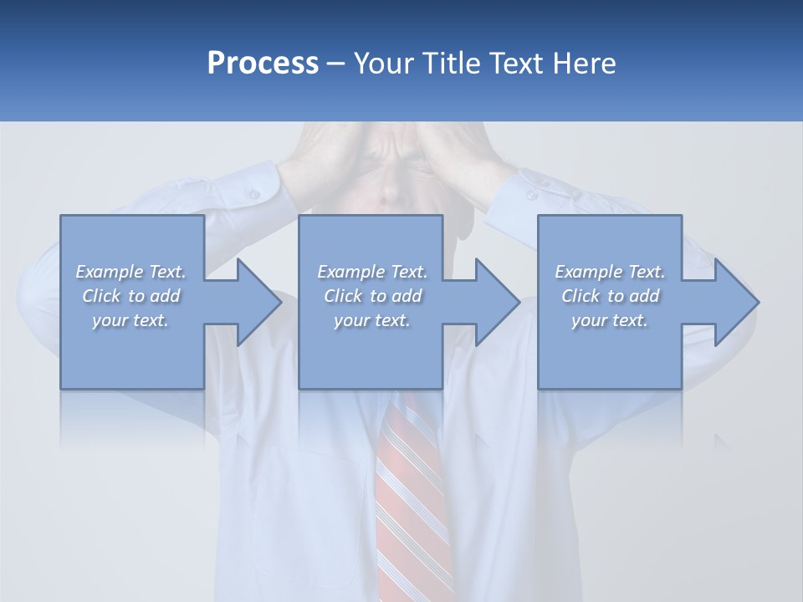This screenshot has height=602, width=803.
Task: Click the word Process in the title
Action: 263,64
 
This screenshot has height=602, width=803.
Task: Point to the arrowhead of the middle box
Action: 497,302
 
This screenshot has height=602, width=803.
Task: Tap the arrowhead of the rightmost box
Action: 736,302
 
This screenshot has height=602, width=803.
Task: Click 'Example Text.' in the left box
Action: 131,272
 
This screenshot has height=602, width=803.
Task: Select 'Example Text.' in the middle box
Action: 372,272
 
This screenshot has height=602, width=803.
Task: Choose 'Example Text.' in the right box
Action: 610,272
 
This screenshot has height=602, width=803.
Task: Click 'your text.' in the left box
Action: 130,320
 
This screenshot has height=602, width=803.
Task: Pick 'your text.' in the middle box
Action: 371,320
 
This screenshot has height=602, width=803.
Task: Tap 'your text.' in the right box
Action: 609,320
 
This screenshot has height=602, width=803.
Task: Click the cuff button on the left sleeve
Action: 252,194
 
